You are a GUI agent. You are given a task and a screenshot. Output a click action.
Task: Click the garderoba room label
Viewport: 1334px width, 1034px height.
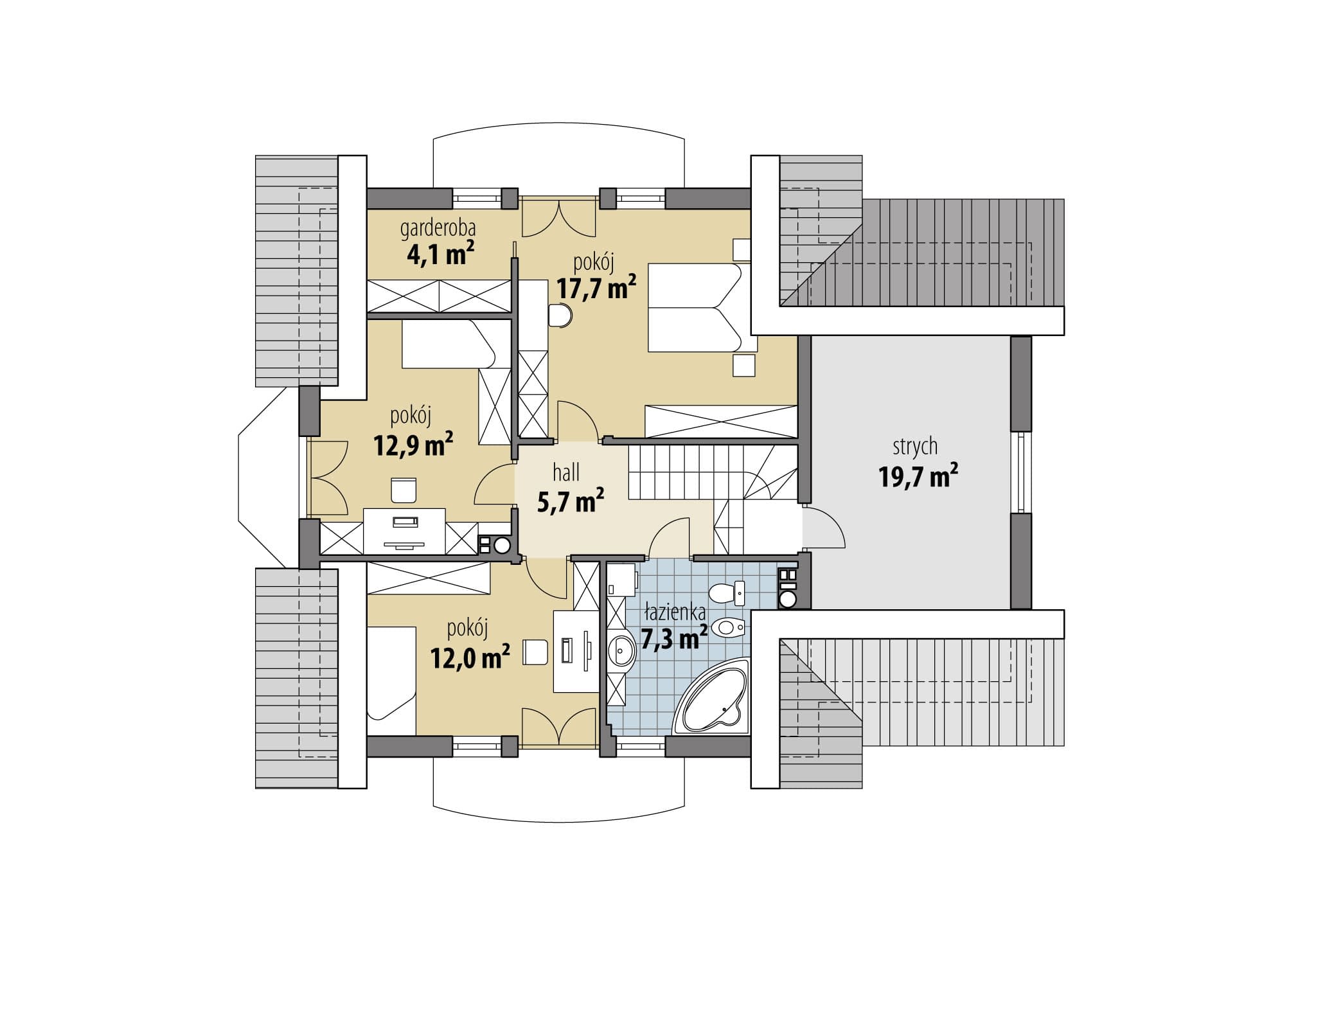tap(438, 229)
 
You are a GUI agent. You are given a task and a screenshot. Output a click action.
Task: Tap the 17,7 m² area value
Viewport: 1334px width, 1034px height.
tap(596, 288)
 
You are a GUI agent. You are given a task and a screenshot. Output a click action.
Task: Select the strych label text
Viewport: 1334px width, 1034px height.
tap(914, 447)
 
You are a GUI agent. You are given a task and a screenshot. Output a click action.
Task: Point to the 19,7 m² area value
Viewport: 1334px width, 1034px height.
tap(918, 477)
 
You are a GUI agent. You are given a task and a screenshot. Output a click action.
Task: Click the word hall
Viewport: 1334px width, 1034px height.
tap(566, 473)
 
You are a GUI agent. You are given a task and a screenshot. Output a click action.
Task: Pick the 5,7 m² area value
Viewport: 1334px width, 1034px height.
tap(570, 501)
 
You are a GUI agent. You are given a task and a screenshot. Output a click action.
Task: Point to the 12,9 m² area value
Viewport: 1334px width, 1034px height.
tap(413, 444)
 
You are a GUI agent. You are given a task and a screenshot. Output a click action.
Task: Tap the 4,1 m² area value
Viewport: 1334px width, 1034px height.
tap(441, 254)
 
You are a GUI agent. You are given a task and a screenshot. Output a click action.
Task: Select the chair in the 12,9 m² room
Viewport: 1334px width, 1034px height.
tap(403, 490)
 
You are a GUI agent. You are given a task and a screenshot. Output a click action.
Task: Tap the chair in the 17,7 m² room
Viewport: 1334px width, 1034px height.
tap(561, 316)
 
